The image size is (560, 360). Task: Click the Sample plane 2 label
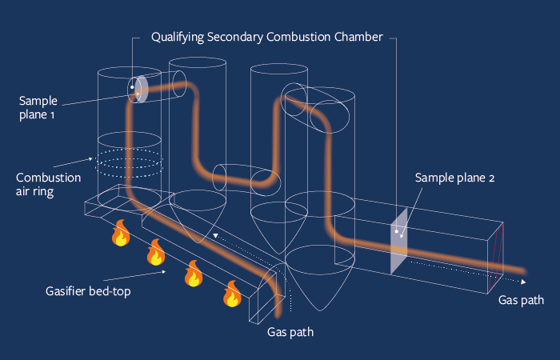[455, 178]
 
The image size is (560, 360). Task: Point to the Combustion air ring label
[48, 185]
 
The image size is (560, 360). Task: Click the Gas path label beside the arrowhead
[521, 300]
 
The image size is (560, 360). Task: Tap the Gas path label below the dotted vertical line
[289, 332]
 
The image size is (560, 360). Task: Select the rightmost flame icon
[232, 294]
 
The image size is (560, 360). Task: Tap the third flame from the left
[193, 273]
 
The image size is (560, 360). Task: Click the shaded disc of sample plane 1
[140, 89]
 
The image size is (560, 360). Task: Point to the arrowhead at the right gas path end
[524, 282]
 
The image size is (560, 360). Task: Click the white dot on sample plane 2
[398, 231]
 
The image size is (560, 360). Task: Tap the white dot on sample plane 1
[133, 86]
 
